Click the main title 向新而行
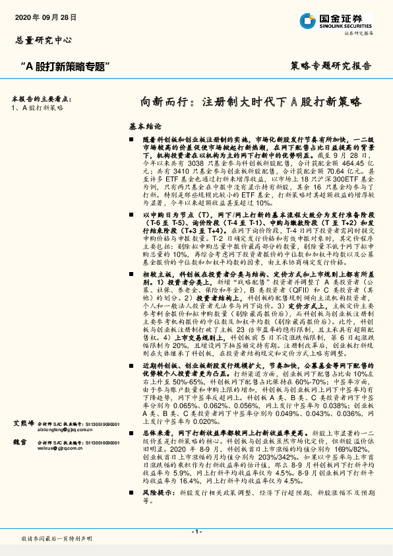(164, 102)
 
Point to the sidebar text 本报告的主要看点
(42, 98)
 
